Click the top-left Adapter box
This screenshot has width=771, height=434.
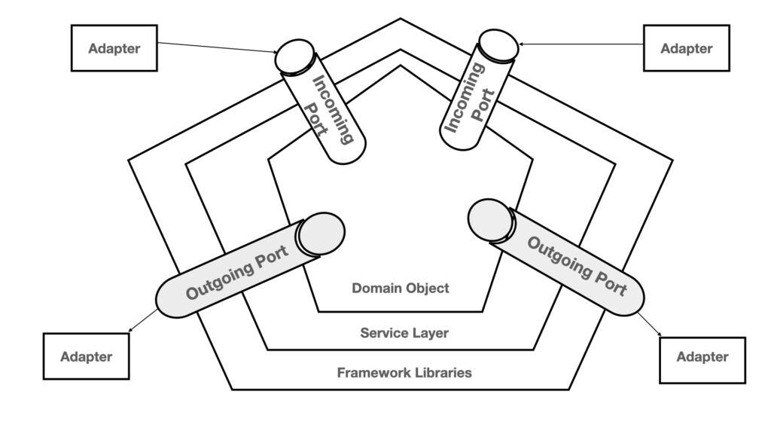(x=114, y=48)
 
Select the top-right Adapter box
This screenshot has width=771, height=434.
(x=686, y=48)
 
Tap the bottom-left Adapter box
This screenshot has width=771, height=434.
(x=86, y=356)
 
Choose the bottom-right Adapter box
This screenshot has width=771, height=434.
(x=702, y=356)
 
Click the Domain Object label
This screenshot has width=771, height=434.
(x=401, y=288)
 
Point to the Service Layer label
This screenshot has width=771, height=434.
(x=404, y=332)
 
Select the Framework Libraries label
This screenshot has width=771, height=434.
(x=404, y=372)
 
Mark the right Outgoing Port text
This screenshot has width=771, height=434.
(x=576, y=265)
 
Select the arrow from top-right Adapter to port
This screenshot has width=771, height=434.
(x=580, y=44)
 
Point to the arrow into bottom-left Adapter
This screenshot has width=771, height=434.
(x=143, y=321)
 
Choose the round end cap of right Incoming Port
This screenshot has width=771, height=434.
(x=498, y=44)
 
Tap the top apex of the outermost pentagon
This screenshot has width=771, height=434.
(x=401, y=19)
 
